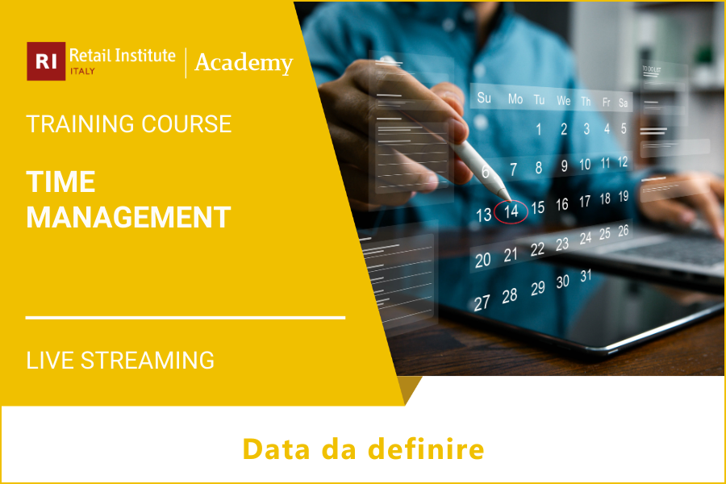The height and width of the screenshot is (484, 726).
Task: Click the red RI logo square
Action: point(46,61)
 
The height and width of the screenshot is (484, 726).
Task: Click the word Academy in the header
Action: point(243,62)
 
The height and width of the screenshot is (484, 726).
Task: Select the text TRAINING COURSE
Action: point(129,124)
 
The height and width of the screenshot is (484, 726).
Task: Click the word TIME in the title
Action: point(60,182)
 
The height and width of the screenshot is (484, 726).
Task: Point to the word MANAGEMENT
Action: point(129,217)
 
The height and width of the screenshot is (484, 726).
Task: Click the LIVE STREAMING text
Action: point(120,360)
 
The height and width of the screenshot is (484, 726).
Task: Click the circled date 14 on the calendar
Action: point(511,211)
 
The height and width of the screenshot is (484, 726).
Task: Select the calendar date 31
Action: point(586,276)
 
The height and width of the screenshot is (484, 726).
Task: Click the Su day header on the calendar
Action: point(484,98)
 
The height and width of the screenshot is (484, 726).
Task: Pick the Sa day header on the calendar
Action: point(624,103)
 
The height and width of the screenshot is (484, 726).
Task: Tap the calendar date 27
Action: point(482,303)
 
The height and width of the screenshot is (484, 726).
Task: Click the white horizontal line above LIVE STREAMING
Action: point(186,318)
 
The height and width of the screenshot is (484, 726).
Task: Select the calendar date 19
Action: point(624,196)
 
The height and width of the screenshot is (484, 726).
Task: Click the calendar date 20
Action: point(482,260)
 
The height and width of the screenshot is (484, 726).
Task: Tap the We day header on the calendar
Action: point(564,101)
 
